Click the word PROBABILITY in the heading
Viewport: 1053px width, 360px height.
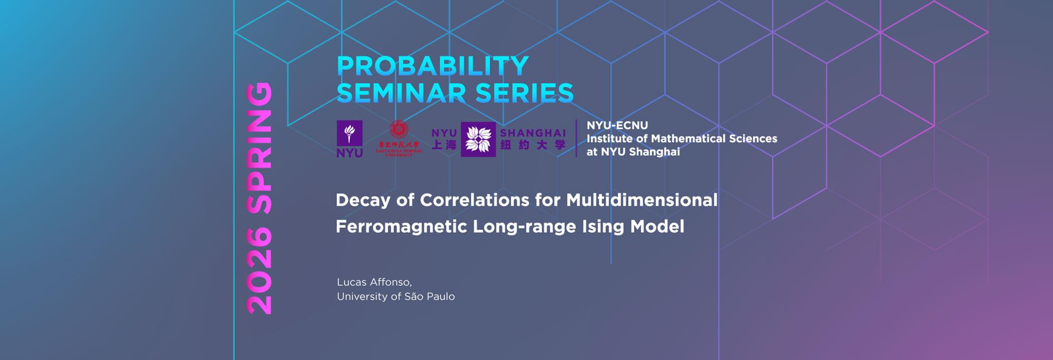pyautogui.click(x=432, y=66)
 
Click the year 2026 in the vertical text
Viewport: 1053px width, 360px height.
pyautogui.click(x=260, y=271)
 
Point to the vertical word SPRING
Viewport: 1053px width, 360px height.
pyautogui.click(x=260, y=148)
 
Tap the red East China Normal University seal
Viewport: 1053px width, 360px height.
pyautogui.click(x=399, y=129)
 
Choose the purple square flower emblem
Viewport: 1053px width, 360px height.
pyautogui.click(x=478, y=139)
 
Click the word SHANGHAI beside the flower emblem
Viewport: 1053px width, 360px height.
pyautogui.click(x=533, y=133)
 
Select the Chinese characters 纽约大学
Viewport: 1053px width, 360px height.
pyautogui.click(x=533, y=145)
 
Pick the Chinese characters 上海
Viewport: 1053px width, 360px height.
pyautogui.click(x=444, y=145)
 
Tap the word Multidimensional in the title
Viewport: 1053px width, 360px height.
pyautogui.click(x=642, y=201)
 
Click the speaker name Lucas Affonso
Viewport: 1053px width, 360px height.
pyautogui.click(x=374, y=282)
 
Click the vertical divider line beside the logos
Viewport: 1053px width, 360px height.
pyautogui.click(x=577, y=138)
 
